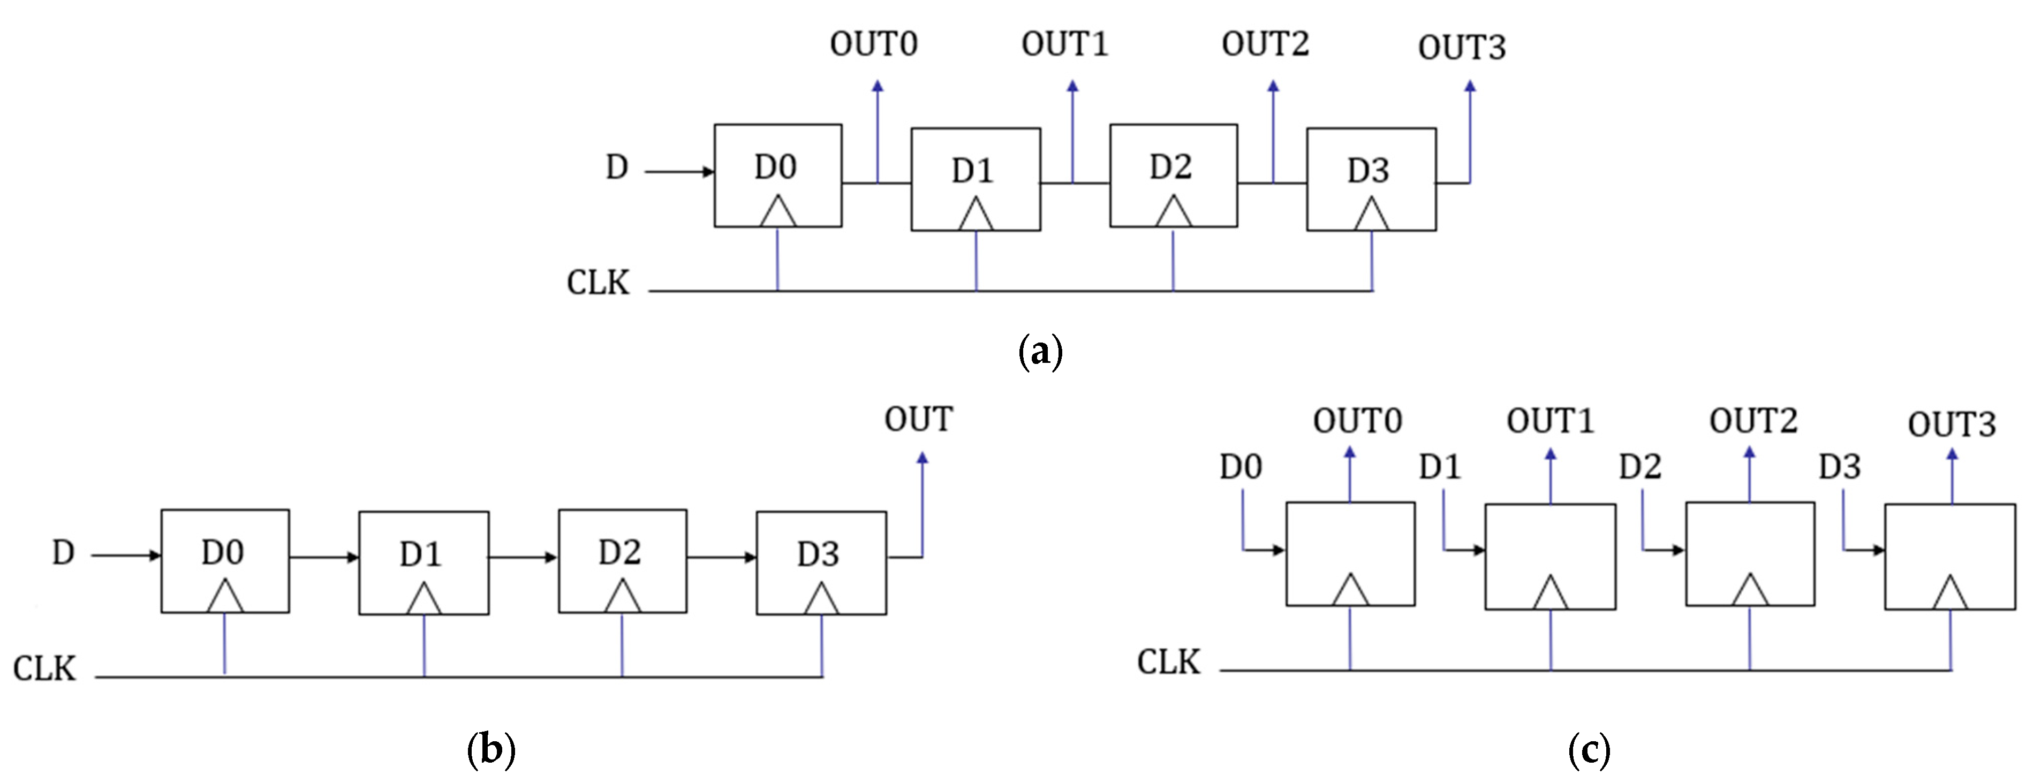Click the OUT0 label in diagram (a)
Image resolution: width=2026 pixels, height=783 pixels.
click(x=873, y=44)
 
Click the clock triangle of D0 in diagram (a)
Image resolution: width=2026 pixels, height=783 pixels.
click(x=777, y=213)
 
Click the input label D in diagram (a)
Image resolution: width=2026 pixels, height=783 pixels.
click(x=617, y=168)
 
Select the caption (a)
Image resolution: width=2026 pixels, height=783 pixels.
click(x=1040, y=352)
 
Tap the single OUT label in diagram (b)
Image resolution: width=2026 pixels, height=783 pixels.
click(x=918, y=419)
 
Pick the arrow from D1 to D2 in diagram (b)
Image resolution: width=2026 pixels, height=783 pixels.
click(x=523, y=557)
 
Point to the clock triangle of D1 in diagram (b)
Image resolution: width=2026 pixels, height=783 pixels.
click(x=424, y=599)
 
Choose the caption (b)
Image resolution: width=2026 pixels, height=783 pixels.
click(x=491, y=750)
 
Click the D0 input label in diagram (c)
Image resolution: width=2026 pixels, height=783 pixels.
click(x=1241, y=467)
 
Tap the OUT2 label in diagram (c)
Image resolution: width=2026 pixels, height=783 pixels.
click(x=1752, y=421)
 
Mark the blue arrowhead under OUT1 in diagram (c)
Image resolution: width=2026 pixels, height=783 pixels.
click(x=1550, y=454)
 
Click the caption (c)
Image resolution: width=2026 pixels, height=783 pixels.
click(x=1589, y=750)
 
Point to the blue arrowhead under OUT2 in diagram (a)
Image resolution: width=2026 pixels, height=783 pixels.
click(x=1273, y=87)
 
